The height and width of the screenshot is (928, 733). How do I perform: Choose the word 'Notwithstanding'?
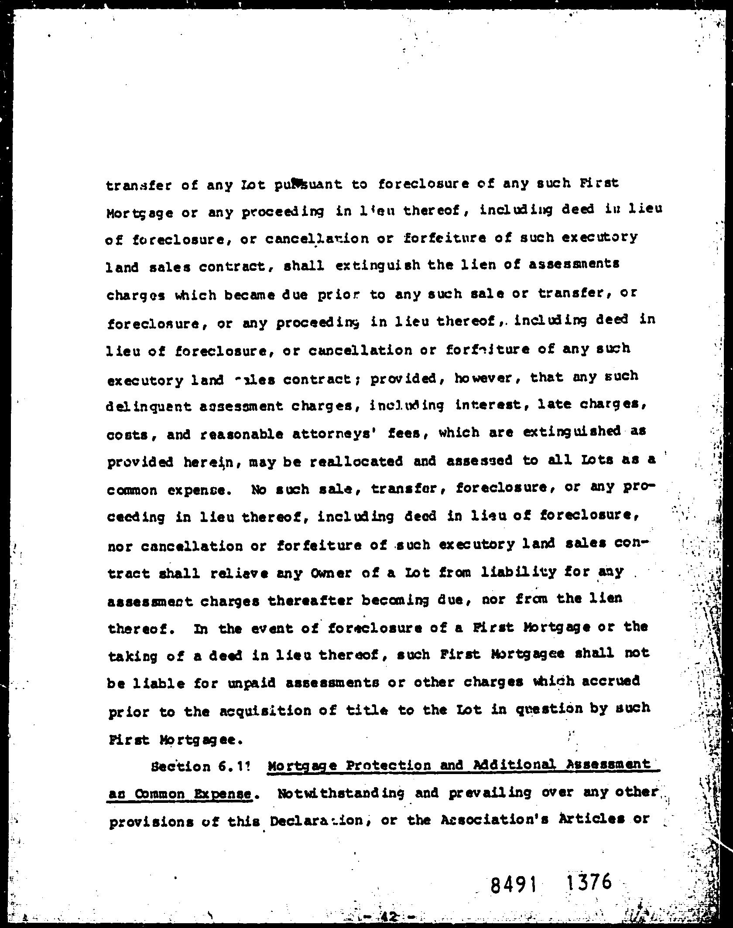[x=340, y=793]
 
